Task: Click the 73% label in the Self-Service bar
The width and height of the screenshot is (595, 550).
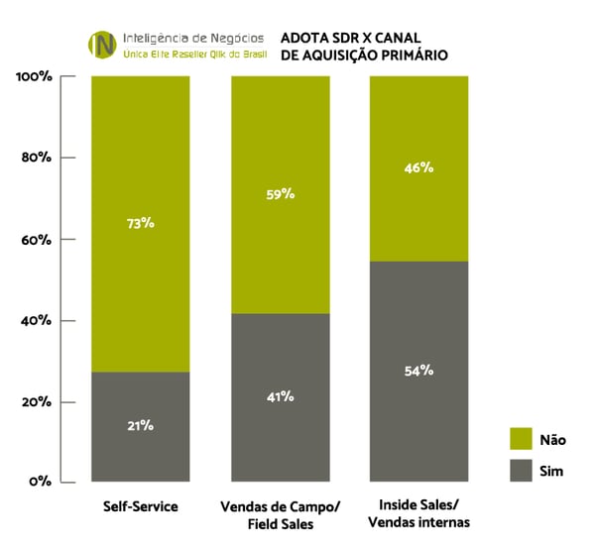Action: tap(140, 223)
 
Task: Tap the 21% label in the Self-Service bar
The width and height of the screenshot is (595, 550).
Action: tap(140, 425)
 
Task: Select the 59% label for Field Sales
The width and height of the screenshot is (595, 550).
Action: tap(281, 194)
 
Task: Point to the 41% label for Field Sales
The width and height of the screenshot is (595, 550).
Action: tap(281, 396)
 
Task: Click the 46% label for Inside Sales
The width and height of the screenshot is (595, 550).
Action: tap(418, 167)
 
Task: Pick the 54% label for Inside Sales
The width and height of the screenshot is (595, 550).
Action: tap(418, 371)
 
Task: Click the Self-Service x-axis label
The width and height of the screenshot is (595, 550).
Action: tap(140, 506)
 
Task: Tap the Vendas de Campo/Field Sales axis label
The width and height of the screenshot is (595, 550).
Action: tap(281, 514)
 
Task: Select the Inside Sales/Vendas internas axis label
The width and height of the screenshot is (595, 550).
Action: tap(418, 514)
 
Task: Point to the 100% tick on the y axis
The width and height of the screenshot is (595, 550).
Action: tap(33, 76)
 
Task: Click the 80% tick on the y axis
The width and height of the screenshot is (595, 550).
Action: tap(36, 158)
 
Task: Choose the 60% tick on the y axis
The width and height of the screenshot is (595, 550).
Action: tap(36, 240)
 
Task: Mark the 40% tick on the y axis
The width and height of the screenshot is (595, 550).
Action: tap(36, 321)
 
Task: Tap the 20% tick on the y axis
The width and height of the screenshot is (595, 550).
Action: tap(36, 402)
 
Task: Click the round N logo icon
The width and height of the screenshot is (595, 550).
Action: tap(102, 45)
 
